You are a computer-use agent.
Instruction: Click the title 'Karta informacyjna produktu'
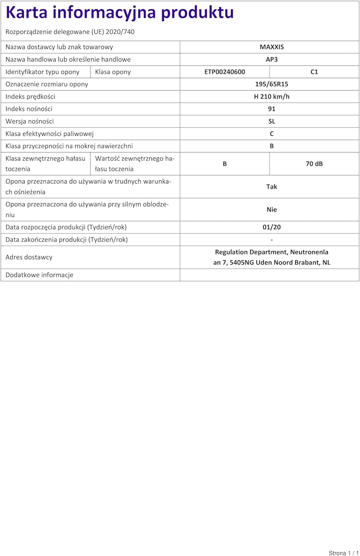coord(120,13)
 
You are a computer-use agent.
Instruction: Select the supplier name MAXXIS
coord(271,47)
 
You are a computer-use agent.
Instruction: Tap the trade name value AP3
coord(271,59)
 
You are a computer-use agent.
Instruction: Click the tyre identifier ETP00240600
coord(224,72)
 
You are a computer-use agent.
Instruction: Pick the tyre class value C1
coord(314,72)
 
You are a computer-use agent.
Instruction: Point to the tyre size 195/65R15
coord(271,84)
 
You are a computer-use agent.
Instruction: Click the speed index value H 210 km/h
coord(271,96)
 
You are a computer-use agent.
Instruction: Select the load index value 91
coord(271,109)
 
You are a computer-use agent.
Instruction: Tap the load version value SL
coord(271,121)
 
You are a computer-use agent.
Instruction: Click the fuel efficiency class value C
coord(271,134)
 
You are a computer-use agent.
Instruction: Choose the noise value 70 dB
coord(314,164)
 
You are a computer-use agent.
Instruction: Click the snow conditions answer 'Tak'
coord(271,187)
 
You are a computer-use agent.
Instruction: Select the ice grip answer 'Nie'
coord(271,210)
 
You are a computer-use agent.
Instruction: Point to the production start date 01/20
coord(271,227)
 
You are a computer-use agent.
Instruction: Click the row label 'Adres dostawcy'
coord(29,257)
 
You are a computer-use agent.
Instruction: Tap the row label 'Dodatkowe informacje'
coord(39,275)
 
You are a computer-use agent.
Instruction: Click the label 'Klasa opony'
coord(113,72)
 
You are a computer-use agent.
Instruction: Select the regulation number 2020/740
coord(120,32)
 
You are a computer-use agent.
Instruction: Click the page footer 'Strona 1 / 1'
coord(343,553)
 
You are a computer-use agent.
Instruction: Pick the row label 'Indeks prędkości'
coord(30,96)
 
